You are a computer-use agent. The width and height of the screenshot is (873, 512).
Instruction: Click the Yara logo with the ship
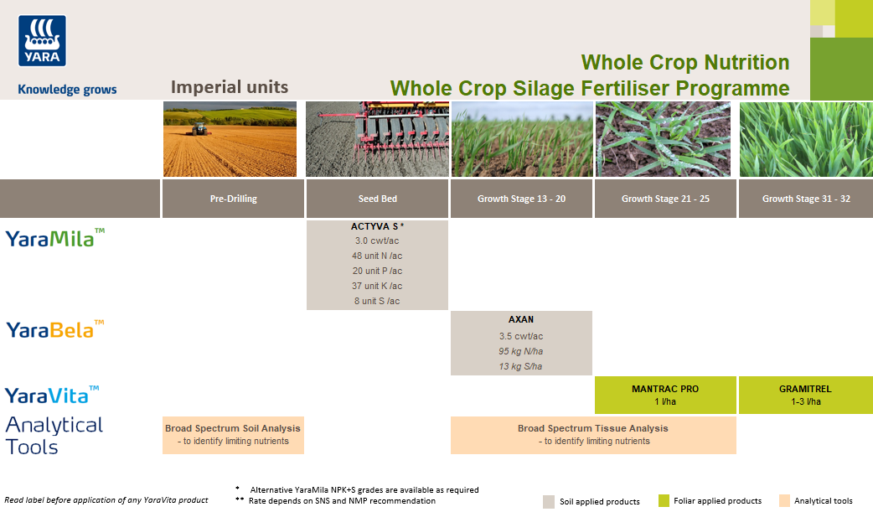(42, 41)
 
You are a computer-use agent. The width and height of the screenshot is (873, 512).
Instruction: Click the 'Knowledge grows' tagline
(67, 90)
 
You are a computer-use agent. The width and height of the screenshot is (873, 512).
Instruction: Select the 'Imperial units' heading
(230, 87)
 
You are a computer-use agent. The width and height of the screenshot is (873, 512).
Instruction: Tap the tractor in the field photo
(199, 129)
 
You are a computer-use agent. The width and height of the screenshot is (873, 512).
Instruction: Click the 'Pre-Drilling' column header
(233, 199)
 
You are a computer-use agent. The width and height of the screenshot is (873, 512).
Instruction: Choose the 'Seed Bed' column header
(377, 199)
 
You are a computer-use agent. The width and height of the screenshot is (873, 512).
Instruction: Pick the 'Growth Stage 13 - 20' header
(521, 199)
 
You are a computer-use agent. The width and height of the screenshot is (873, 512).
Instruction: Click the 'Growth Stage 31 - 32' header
(806, 199)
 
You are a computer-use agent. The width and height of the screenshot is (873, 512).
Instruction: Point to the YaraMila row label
(55, 238)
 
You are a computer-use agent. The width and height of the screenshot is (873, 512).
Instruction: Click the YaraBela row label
(55, 329)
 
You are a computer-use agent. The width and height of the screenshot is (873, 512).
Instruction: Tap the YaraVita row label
(52, 395)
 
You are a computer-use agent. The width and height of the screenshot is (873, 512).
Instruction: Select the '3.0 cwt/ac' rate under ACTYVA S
(377, 240)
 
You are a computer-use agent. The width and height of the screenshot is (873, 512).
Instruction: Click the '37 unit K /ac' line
(377, 286)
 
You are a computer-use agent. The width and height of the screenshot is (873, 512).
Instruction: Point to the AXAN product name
(521, 319)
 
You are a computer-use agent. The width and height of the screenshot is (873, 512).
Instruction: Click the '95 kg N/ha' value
(521, 351)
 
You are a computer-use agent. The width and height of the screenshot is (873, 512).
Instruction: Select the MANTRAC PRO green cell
(665, 395)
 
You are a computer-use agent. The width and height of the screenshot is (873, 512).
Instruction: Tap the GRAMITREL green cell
(806, 395)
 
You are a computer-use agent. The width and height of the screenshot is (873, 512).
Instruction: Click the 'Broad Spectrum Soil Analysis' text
(233, 428)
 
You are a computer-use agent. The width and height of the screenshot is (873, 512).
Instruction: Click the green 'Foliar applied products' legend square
(664, 501)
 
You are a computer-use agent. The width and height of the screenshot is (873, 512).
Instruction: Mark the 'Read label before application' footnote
(106, 500)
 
